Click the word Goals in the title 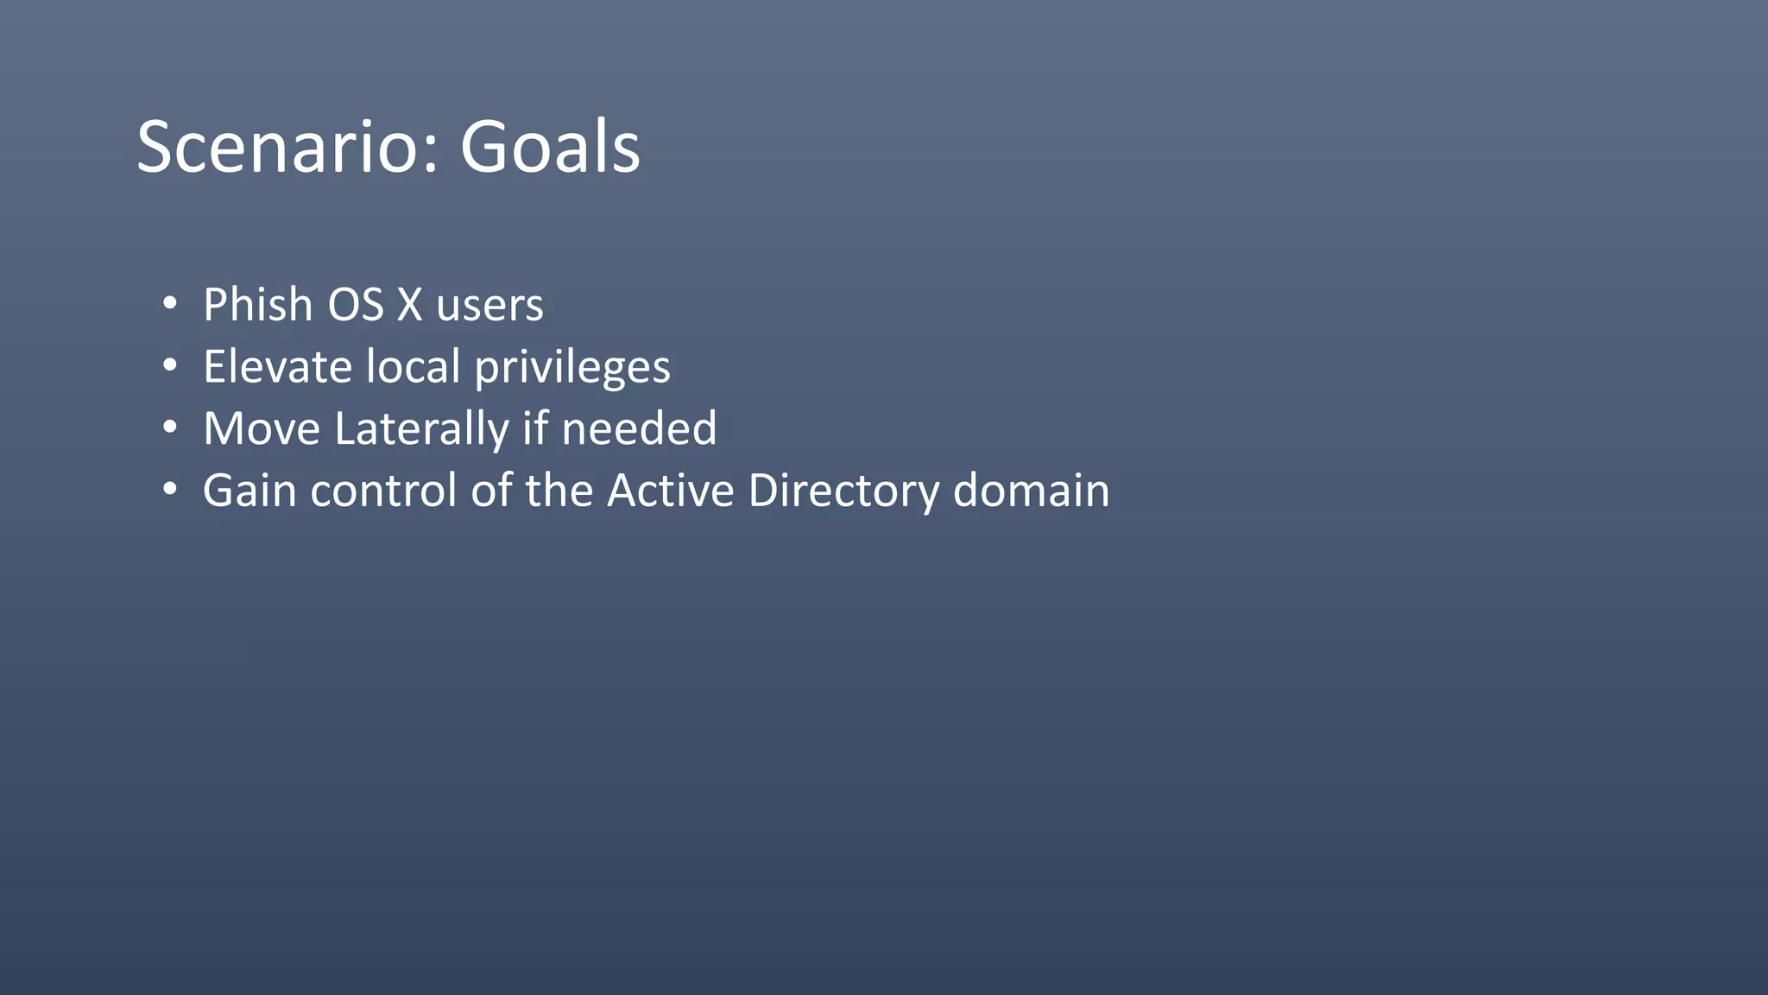550,147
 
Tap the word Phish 257,305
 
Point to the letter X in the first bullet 409,305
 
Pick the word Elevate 277,366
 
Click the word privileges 572,368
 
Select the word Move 262,428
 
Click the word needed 639,428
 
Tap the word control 383,491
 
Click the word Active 670,491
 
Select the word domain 1031,491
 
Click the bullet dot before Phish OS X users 170,304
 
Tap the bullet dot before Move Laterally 170,428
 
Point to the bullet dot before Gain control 170,490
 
